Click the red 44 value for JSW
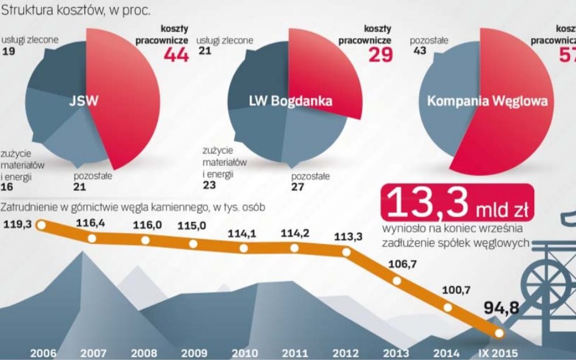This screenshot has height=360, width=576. (x=176, y=55)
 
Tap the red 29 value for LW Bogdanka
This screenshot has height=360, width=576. (x=380, y=55)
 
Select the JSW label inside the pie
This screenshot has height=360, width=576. (x=84, y=101)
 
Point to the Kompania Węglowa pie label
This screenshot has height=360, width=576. (x=487, y=101)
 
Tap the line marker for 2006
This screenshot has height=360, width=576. (x=41, y=226)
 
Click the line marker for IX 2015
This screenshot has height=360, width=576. (x=499, y=333)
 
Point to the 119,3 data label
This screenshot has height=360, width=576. (x=18, y=224)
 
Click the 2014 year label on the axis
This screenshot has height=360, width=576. (x=447, y=353)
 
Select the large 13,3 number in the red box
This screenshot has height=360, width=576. (x=425, y=203)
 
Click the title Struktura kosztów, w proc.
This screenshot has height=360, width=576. (x=77, y=10)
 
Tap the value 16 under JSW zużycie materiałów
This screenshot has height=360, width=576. (x=8, y=188)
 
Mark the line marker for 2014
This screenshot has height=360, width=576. (x=448, y=307)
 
